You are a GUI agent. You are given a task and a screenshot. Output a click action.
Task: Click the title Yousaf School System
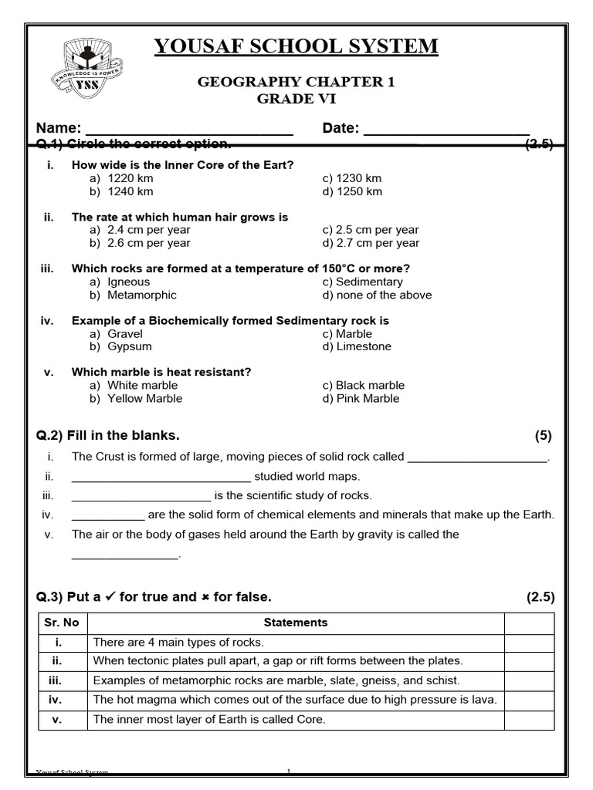coord(296,46)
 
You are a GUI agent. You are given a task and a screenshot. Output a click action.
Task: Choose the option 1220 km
coord(130,178)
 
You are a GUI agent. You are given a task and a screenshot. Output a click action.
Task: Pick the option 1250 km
coord(358,191)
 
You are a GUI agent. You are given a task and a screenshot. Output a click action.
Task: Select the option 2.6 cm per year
coord(148,243)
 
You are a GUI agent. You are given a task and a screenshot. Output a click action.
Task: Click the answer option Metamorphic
coord(141,295)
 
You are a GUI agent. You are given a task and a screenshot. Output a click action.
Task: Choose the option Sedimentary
coord(369,282)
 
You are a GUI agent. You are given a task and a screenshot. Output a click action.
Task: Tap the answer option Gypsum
coord(129,346)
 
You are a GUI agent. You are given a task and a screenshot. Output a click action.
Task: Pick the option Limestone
coord(363,346)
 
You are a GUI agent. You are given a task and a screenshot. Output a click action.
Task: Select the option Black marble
coord(370,385)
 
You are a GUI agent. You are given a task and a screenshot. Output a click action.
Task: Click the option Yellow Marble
coord(144,398)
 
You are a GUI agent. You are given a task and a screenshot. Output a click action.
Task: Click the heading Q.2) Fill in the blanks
coord(108,435)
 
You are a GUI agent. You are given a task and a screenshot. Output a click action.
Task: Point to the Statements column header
coord(296,623)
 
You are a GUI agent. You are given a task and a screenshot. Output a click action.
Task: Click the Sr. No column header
coord(63,623)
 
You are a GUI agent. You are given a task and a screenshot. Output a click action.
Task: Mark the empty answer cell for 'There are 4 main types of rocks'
coord(529,643)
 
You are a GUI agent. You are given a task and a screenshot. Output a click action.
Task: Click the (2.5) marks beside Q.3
coord(540,597)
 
